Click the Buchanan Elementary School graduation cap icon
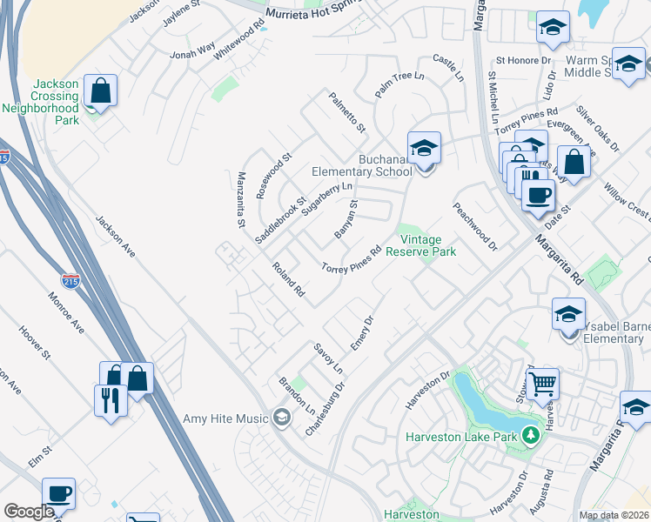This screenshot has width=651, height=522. coord(424,148)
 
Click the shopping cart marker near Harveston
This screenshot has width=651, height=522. coord(542,383)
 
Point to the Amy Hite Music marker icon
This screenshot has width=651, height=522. coord(280,418)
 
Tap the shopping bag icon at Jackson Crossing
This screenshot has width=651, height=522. coord(101,90)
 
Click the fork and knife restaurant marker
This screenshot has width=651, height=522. coord(111,400)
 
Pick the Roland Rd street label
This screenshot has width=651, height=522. coord(288,280)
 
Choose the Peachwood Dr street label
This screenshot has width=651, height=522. coord(473,227)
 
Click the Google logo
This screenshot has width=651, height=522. coord(29,512)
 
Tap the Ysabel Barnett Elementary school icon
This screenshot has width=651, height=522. coord(568,314)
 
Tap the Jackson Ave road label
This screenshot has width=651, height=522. coord(116,237)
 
